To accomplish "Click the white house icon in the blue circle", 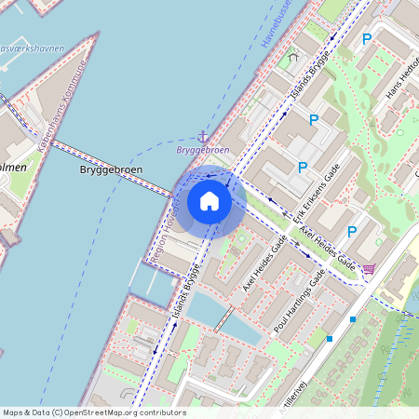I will (x=209, y=201).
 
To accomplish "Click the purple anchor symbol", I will (x=203, y=136).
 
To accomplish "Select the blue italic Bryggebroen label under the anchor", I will (x=203, y=149).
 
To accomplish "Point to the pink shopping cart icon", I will (x=369, y=269).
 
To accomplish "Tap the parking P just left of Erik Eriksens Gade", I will (x=302, y=168).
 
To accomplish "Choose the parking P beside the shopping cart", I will (x=351, y=232).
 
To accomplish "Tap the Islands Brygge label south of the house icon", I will (x=187, y=292).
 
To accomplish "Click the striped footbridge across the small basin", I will (x=223, y=318).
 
